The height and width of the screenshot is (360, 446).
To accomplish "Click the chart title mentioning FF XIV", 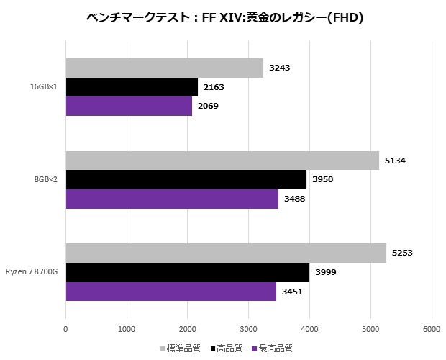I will click(223, 18).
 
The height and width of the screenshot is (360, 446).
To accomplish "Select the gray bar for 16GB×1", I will click(164, 68).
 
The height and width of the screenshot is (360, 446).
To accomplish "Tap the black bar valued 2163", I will click(132, 87).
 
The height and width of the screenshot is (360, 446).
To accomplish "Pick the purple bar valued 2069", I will click(129, 106).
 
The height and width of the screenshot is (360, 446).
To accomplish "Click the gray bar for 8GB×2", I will click(222, 161).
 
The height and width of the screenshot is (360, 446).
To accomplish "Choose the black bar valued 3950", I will click(186, 179).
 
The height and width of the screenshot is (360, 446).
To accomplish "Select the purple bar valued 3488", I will click(172, 198).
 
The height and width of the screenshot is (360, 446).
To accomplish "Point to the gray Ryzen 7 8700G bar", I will click(226, 253).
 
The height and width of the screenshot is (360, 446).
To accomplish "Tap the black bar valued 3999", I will click(187, 272).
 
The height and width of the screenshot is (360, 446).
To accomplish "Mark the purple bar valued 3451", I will click(170, 291).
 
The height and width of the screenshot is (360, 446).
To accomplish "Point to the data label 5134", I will click(394, 161).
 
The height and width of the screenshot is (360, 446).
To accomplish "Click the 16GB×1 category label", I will click(43, 87).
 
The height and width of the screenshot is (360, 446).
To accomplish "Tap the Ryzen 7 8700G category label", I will click(33, 272).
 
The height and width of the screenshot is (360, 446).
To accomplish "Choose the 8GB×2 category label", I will click(46, 179).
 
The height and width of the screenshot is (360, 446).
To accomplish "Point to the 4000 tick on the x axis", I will click(309, 330).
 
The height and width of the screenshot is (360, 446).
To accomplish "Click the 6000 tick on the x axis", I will click(432, 330).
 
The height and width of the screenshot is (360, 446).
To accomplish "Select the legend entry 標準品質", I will click(180, 348).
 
